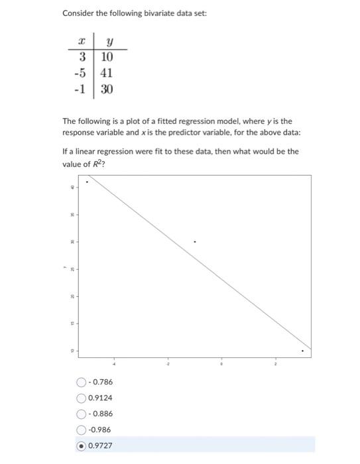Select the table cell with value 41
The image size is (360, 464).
[107, 74]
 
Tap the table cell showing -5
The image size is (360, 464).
[81, 74]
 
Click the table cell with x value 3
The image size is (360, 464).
[83, 58]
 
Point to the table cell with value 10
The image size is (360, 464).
[107, 58]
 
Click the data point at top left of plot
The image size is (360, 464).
[87, 182]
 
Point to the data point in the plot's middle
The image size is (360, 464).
[194, 242]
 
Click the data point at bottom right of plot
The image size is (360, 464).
[303, 351]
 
